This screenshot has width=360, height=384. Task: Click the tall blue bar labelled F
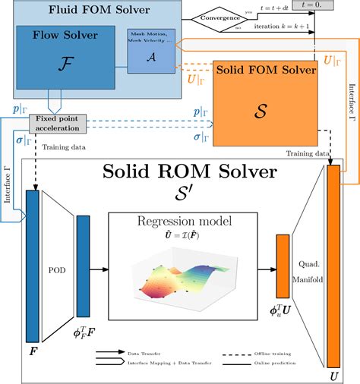tap(31, 266)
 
